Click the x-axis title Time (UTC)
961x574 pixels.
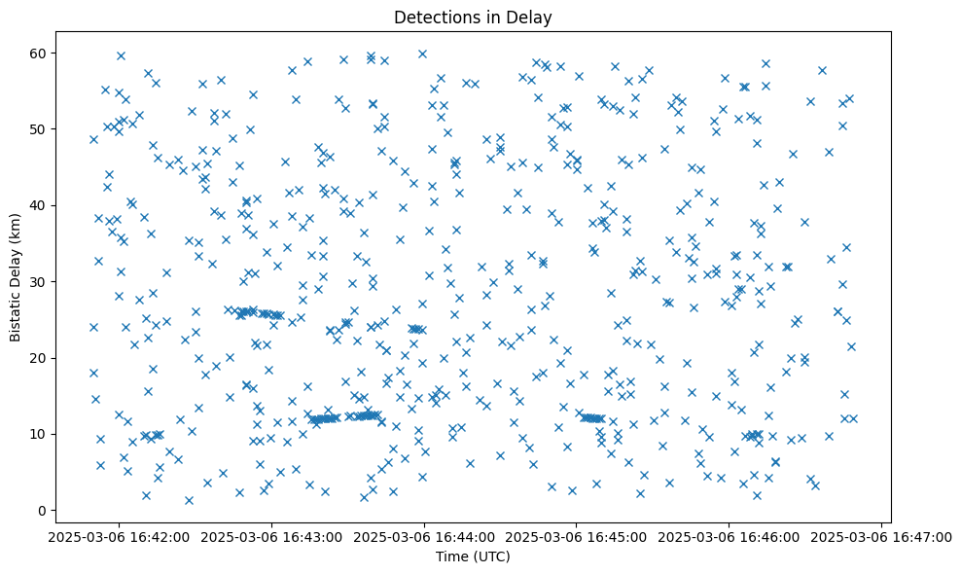[x=472, y=557]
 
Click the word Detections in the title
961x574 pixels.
[x=432, y=17]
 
